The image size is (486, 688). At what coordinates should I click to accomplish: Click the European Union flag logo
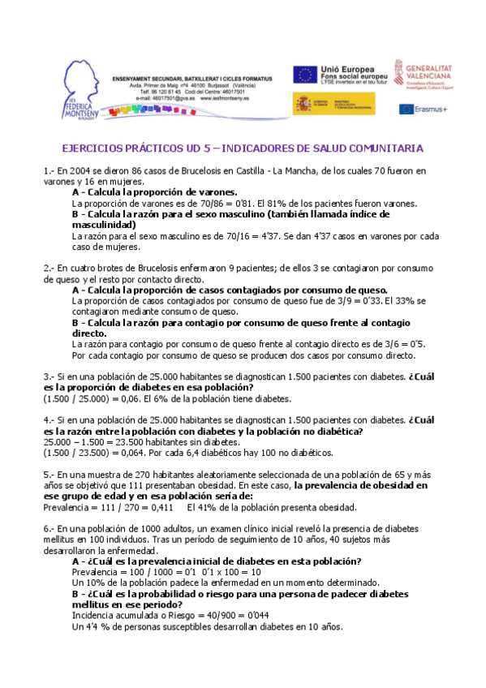307,75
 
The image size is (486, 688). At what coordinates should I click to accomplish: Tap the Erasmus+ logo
422,109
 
